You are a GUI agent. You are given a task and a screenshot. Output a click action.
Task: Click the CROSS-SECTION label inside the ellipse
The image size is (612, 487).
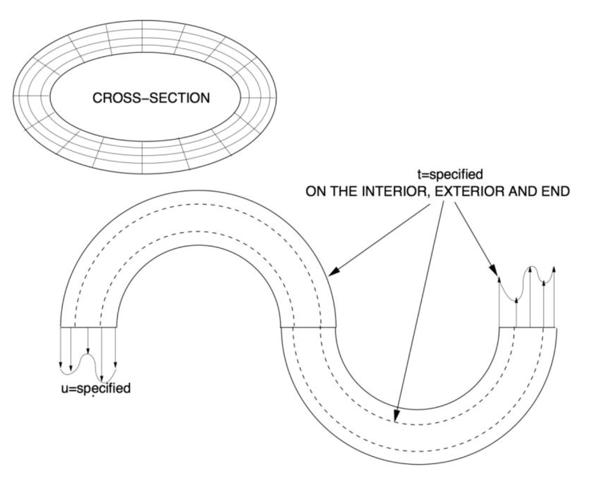coord(151,98)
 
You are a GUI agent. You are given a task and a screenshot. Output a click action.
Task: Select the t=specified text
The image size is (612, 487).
coord(450,174)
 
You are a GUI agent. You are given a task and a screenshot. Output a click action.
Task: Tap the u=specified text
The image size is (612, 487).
coord(96,388)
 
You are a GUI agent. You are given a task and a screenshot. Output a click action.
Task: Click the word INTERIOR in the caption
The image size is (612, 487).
coord(388,191)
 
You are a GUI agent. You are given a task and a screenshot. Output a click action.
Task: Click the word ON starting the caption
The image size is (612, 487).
coord(315,191)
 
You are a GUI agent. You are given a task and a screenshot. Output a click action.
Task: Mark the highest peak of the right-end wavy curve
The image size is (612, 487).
coord(533,267)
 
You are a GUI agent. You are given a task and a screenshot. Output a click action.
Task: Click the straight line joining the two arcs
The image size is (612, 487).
coord(308,328)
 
